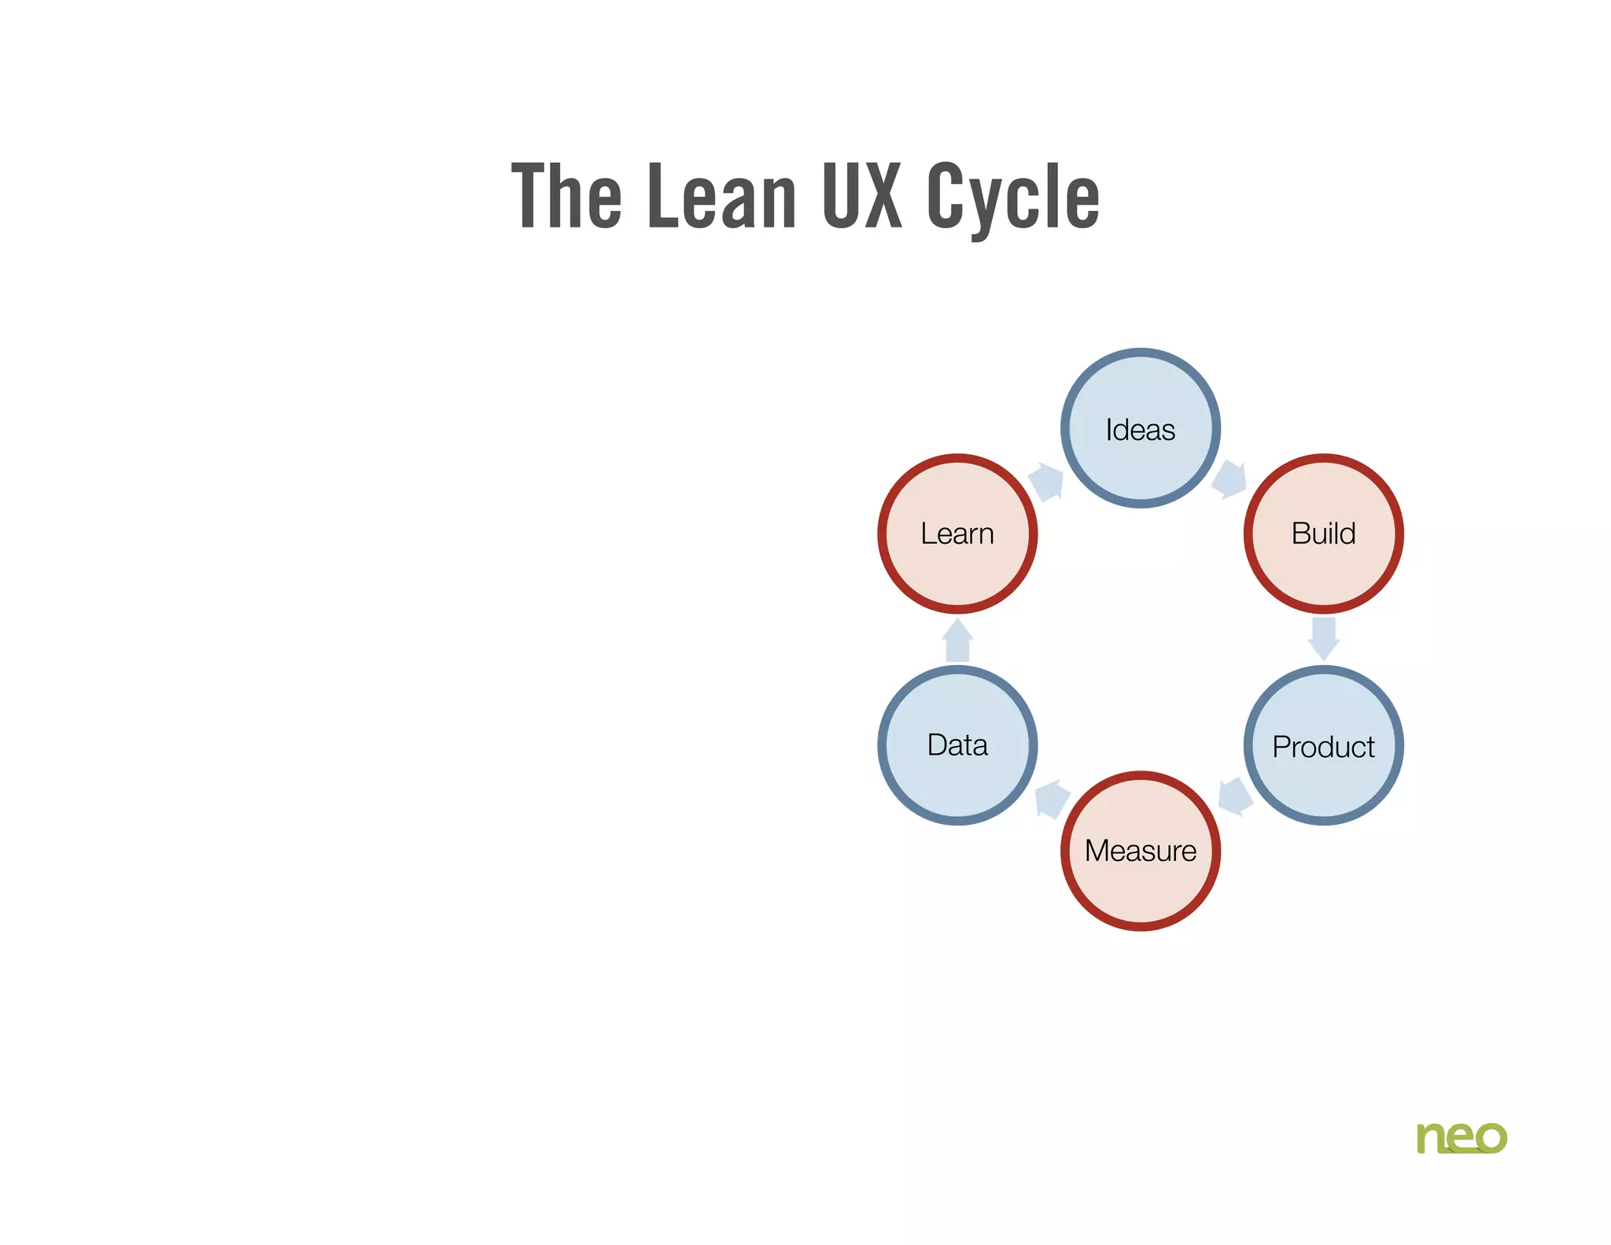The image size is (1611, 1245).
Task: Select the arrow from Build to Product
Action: coord(1323,638)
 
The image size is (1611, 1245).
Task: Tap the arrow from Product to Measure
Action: coord(1234,796)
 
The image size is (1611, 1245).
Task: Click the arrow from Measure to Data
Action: coord(1051,798)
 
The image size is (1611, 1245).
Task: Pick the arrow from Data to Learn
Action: coord(957,640)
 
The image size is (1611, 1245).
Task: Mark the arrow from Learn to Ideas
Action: coord(1046,481)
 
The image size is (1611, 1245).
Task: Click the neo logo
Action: coord(1461,1138)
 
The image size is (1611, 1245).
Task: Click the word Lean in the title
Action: coord(721,197)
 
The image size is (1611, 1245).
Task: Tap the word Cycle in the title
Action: coord(1012,198)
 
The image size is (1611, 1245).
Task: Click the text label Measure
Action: coord(1140,851)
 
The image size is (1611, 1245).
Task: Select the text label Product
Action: coord(1323,747)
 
